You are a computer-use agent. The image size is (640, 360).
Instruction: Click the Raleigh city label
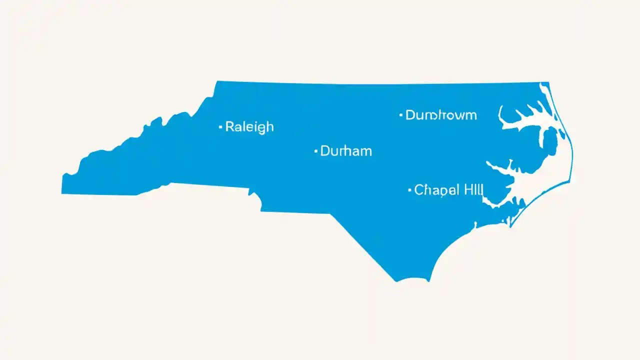click(249, 127)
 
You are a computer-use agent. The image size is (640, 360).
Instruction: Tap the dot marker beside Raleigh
click(220, 127)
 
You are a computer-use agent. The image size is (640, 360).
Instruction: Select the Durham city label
click(345, 150)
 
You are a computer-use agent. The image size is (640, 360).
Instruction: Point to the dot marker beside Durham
click(315, 150)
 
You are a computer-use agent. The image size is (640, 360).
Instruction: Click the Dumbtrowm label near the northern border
click(441, 115)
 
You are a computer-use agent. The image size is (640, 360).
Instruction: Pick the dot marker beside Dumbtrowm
click(400, 115)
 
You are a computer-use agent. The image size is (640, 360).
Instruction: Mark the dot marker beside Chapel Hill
click(409, 190)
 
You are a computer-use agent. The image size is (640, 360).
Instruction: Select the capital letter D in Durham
click(325, 150)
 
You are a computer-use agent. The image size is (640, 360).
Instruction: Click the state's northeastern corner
click(548, 83)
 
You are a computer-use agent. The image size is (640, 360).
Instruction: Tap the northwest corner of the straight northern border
click(217, 81)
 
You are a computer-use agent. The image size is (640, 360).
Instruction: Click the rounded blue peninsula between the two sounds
click(545, 145)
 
